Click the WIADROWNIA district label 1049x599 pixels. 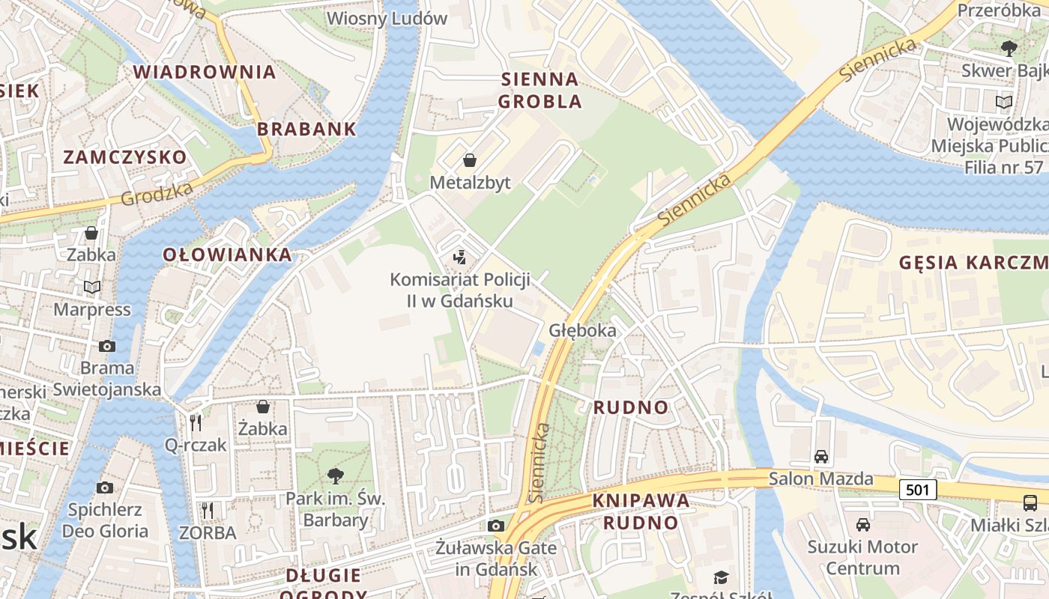coord(205,72)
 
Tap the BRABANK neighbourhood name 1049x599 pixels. coord(306,129)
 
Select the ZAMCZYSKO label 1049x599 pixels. coord(124,157)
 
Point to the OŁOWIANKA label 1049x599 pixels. coord(228,255)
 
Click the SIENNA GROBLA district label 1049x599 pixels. coord(539,90)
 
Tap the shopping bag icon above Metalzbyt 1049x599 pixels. coord(470,160)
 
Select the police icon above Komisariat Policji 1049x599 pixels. coord(460,258)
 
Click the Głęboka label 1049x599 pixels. coord(582,330)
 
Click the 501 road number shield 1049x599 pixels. coord(919,490)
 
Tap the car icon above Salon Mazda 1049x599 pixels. coord(821,456)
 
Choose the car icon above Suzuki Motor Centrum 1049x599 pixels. coord(863,524)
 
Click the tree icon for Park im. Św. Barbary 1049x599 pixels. coord(335,475)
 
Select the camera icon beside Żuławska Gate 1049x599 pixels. coord(495,526)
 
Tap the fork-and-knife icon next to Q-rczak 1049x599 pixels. coord(196,423)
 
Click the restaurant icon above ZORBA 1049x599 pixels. coord(208,511)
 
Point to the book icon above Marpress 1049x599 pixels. coord(92,287)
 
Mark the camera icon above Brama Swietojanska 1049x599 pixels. coord(107,346)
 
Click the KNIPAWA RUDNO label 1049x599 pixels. coord(641,511)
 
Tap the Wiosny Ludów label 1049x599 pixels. coord(387,18)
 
